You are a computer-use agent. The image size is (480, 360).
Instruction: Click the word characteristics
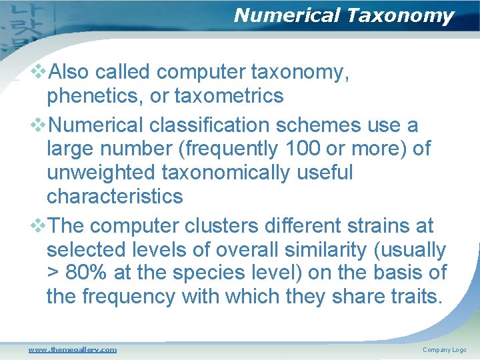tap(114, 196)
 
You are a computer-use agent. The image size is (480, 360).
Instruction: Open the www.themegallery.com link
tap(72, 349)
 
